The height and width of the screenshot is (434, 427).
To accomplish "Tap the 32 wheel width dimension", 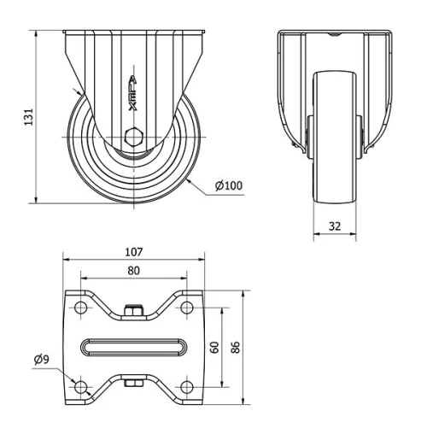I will pos(334,227).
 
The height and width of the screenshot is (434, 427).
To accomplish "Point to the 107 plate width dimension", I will pos(133,252).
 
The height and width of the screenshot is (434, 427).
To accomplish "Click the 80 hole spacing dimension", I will pos(133,271).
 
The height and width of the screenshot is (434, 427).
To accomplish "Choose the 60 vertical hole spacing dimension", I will pos(215,347).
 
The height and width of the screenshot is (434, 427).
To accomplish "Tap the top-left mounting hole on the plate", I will pos(81,307).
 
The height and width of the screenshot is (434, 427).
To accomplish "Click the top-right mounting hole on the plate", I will pos(186,307).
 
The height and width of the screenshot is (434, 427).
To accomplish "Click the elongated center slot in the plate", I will pos(133,347).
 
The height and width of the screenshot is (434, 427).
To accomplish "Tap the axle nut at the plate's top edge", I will pos(133,311).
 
